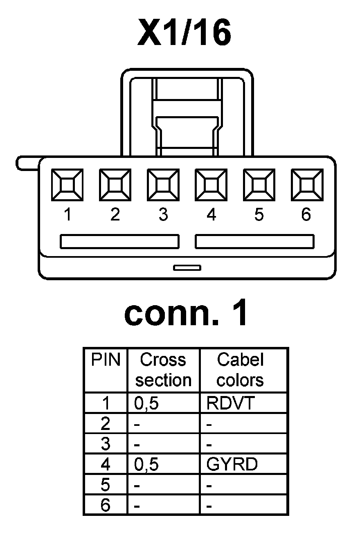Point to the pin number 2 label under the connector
(115, 215)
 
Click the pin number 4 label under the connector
(211, 215)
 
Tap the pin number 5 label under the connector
(259, 215)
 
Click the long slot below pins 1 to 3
(119, 241)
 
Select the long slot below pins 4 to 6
(254, 241)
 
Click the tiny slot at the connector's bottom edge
(187, 268)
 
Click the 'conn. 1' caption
(186, 314)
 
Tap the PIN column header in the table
(106, 360)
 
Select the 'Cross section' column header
(163, 370)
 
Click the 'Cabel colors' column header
(240, 370)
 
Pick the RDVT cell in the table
(230, 403)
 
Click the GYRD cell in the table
(232, 464)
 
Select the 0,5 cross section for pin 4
(146, 465)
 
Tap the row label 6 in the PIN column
(105, 506)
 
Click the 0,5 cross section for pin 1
(146, 404)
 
